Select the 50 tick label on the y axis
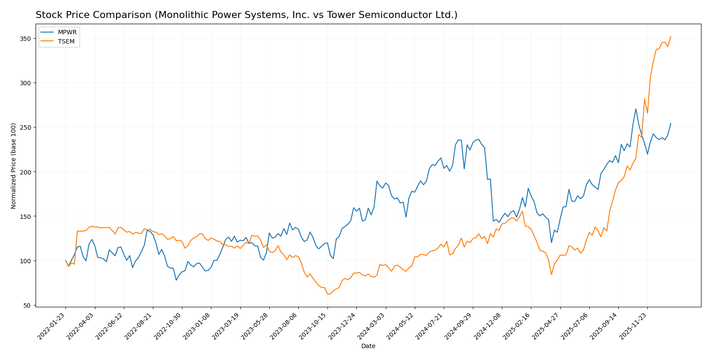(27, 305)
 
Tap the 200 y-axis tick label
(25, 172)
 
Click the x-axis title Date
(368, 346)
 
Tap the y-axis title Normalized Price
(14, 166)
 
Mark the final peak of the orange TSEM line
(671, 36)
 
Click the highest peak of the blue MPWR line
(636, 109)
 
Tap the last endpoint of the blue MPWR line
(671, 124)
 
